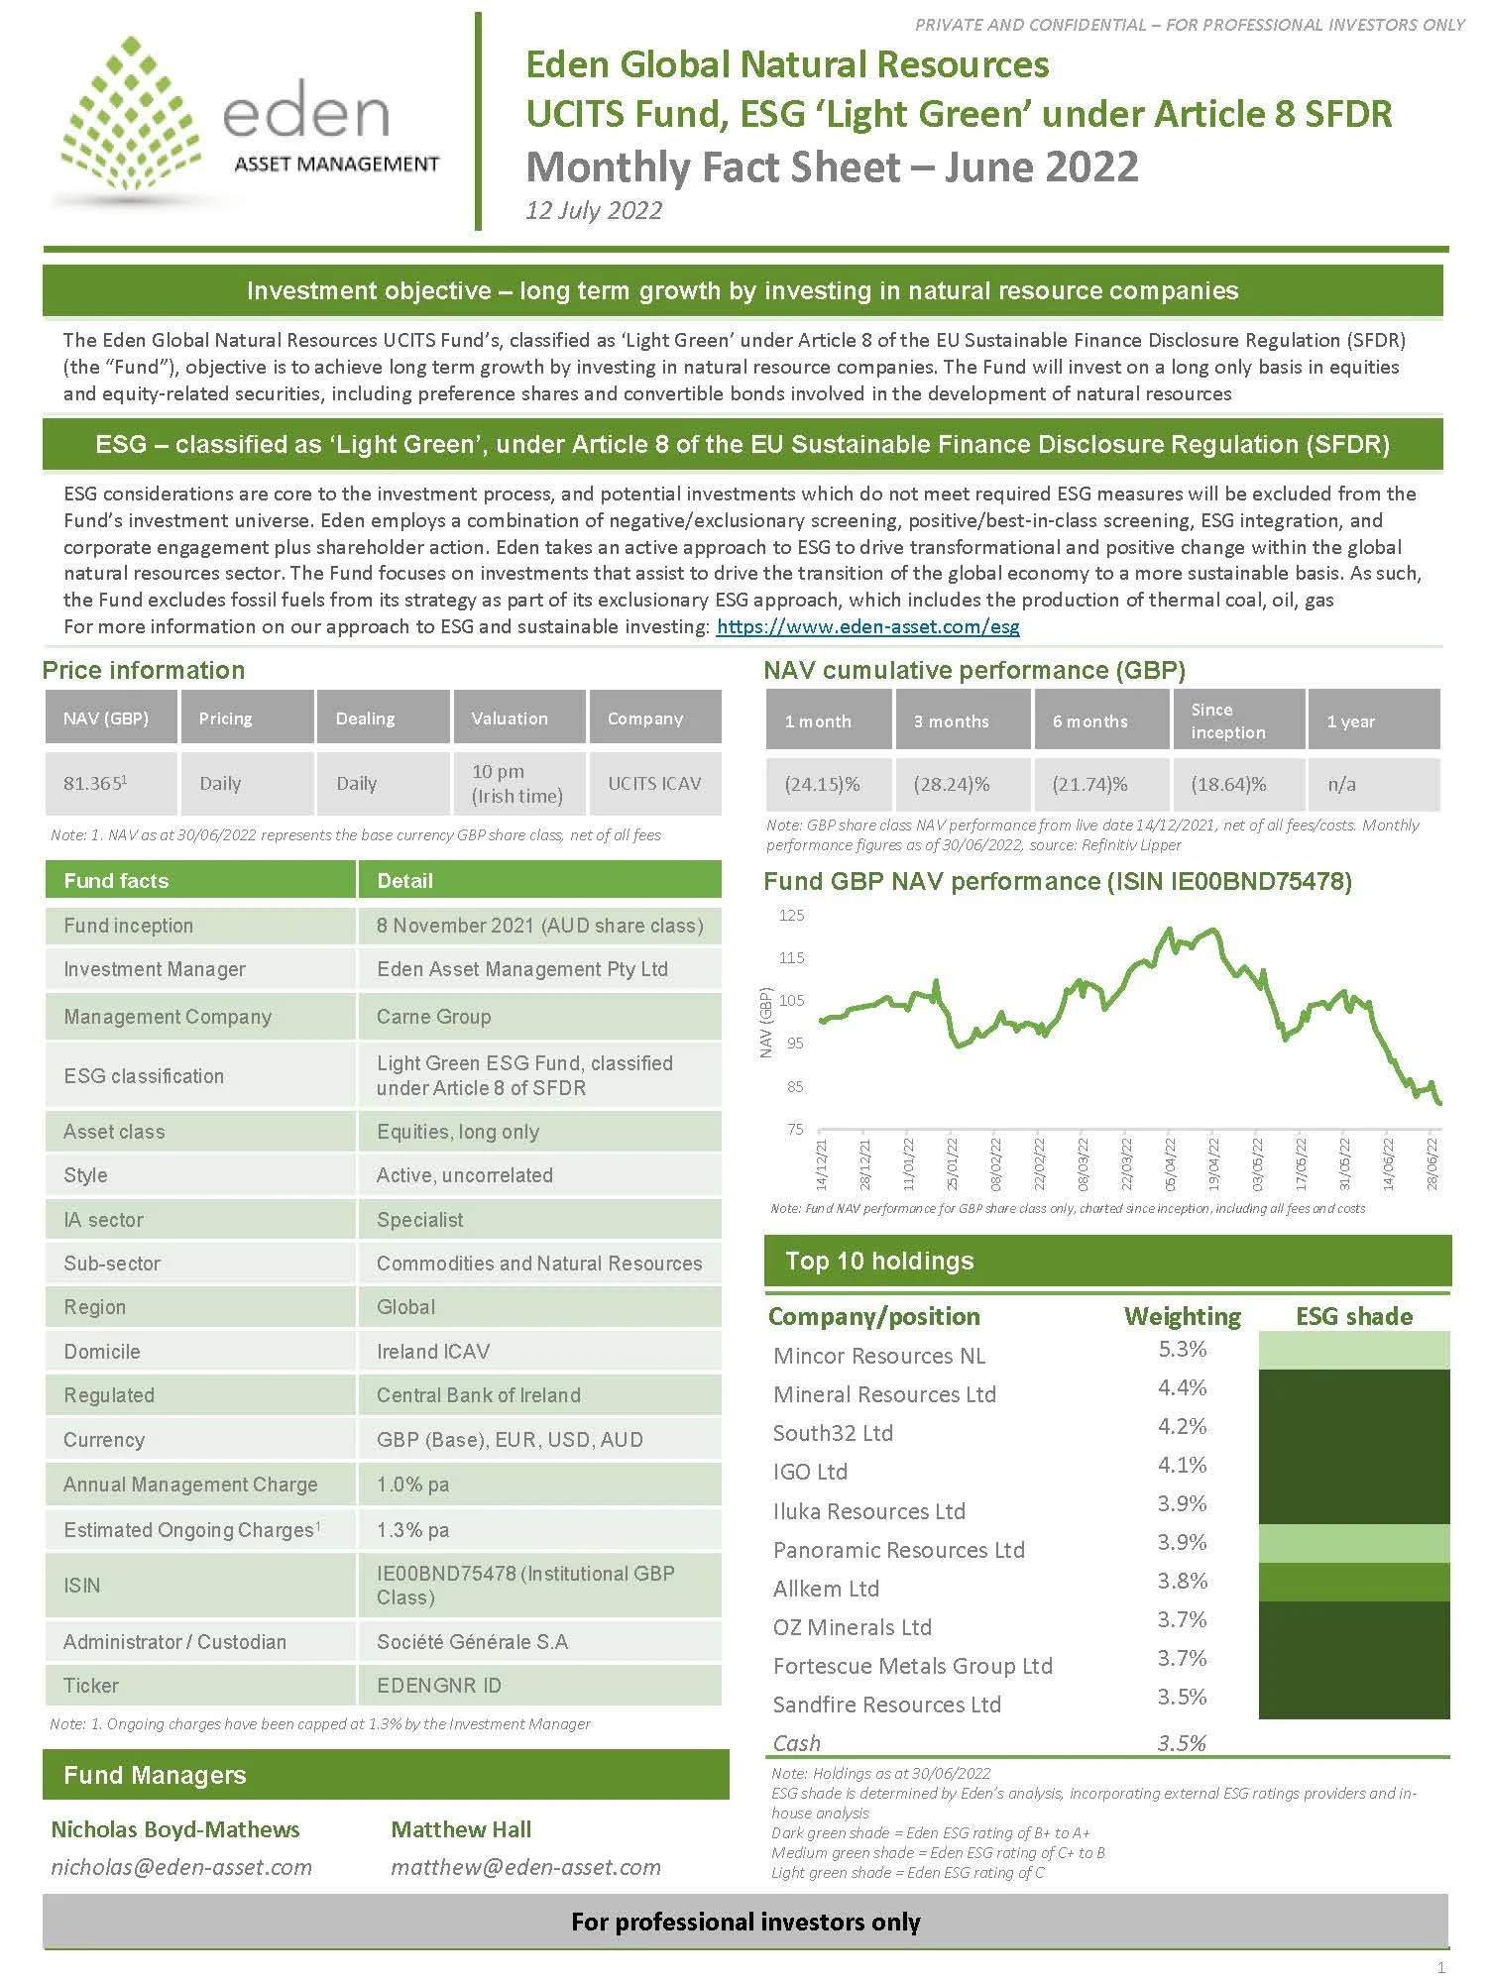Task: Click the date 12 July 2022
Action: click(593, 210)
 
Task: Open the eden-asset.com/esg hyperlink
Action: click(867, 626)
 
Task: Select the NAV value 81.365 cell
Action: click(95, 783)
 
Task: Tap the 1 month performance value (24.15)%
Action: click(822, 784)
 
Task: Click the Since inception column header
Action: click(1227, 720)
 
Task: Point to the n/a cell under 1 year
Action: click(1341, 784)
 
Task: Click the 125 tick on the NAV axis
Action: click(791, 915)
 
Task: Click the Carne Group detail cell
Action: click(433, 1016)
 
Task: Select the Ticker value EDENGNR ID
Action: click(438, 1685)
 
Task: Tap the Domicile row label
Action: click(101, 1351)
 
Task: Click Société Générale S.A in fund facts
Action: click(472, 1641)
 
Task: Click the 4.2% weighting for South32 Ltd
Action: click(1182, 1426)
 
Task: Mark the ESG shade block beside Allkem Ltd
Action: click(1353, 1582)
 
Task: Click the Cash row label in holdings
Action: click(796, 1742)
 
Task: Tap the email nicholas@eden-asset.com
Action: click(181, 1867)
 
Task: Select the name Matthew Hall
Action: click(461, 1829)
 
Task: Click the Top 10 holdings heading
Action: click(879, 1261)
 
